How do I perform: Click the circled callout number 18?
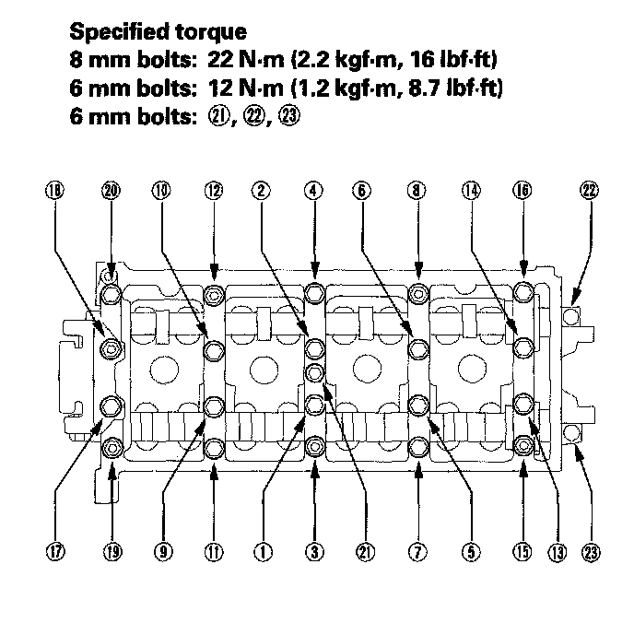(x=54, y=191)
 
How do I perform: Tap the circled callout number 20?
(x=112, y=191)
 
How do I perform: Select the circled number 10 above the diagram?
(x=162, y=191)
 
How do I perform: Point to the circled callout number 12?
(x=214, y=191)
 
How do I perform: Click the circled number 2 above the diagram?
(x=264, y=191)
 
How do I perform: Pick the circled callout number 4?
(x=314, y=191)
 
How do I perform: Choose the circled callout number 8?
(x=417, y=191)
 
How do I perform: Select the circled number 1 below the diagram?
(x=264, y=552)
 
